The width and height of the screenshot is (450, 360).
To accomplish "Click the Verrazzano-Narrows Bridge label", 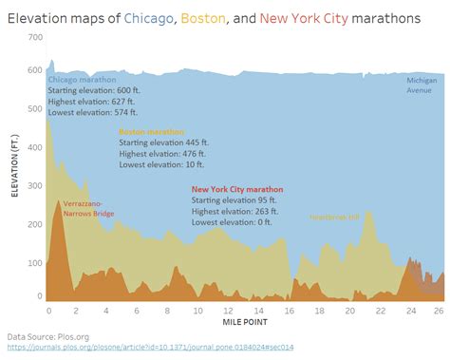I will pyautogui.click(x=88, y=209).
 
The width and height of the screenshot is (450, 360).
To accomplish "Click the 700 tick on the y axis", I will pyautogui.click(x=35, y=37).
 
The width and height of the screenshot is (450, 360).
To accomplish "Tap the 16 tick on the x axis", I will pyautogui.click(x=290, y=310).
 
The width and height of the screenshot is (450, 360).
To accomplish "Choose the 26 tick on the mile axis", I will pyautogui.click(x=438, y=310).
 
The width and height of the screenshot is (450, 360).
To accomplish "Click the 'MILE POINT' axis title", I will pyautogui.click(x=243, y=323).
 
